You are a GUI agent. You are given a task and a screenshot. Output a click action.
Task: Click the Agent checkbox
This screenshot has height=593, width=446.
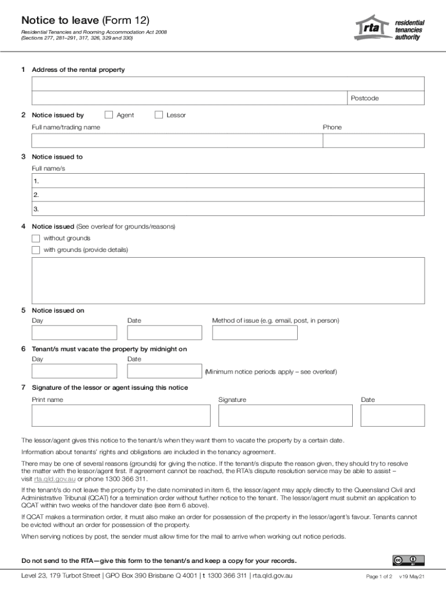[x=108, y=115]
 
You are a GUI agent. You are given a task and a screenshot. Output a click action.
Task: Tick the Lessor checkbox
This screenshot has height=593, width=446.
[x=159, y=115]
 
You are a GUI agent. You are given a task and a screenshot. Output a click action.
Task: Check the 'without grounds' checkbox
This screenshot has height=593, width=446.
[x=36, y=238]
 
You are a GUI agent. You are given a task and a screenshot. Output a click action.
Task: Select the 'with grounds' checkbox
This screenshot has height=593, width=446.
[x=36, y=250]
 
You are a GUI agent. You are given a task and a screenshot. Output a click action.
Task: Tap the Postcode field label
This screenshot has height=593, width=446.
[x=364, y=98]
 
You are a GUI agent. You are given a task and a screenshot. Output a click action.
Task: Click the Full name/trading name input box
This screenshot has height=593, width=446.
[x=177, y=141]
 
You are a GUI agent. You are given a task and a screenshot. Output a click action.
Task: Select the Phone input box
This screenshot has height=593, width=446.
[x=374, y=141]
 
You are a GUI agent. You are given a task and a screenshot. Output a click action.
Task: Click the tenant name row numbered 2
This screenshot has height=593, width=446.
[x=228, y=195]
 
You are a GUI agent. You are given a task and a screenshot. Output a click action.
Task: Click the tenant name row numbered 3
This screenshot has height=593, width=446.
[x=228, y=209]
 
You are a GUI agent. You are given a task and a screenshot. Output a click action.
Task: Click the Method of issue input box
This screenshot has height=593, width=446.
[x=255, y=332]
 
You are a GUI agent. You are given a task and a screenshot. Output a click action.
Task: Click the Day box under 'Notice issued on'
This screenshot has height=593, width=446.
[x=74, y=332]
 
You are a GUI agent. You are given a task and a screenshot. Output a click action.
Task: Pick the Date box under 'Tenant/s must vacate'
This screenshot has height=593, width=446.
[x=164, y=371]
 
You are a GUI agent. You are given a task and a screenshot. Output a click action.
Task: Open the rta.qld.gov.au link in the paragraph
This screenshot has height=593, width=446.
[x=55, y=479]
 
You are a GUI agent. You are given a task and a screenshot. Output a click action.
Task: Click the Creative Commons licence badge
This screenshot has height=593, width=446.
[x=408, y=560]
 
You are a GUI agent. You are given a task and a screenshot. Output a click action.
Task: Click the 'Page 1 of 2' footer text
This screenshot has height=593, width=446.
[x=379, y=577]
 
